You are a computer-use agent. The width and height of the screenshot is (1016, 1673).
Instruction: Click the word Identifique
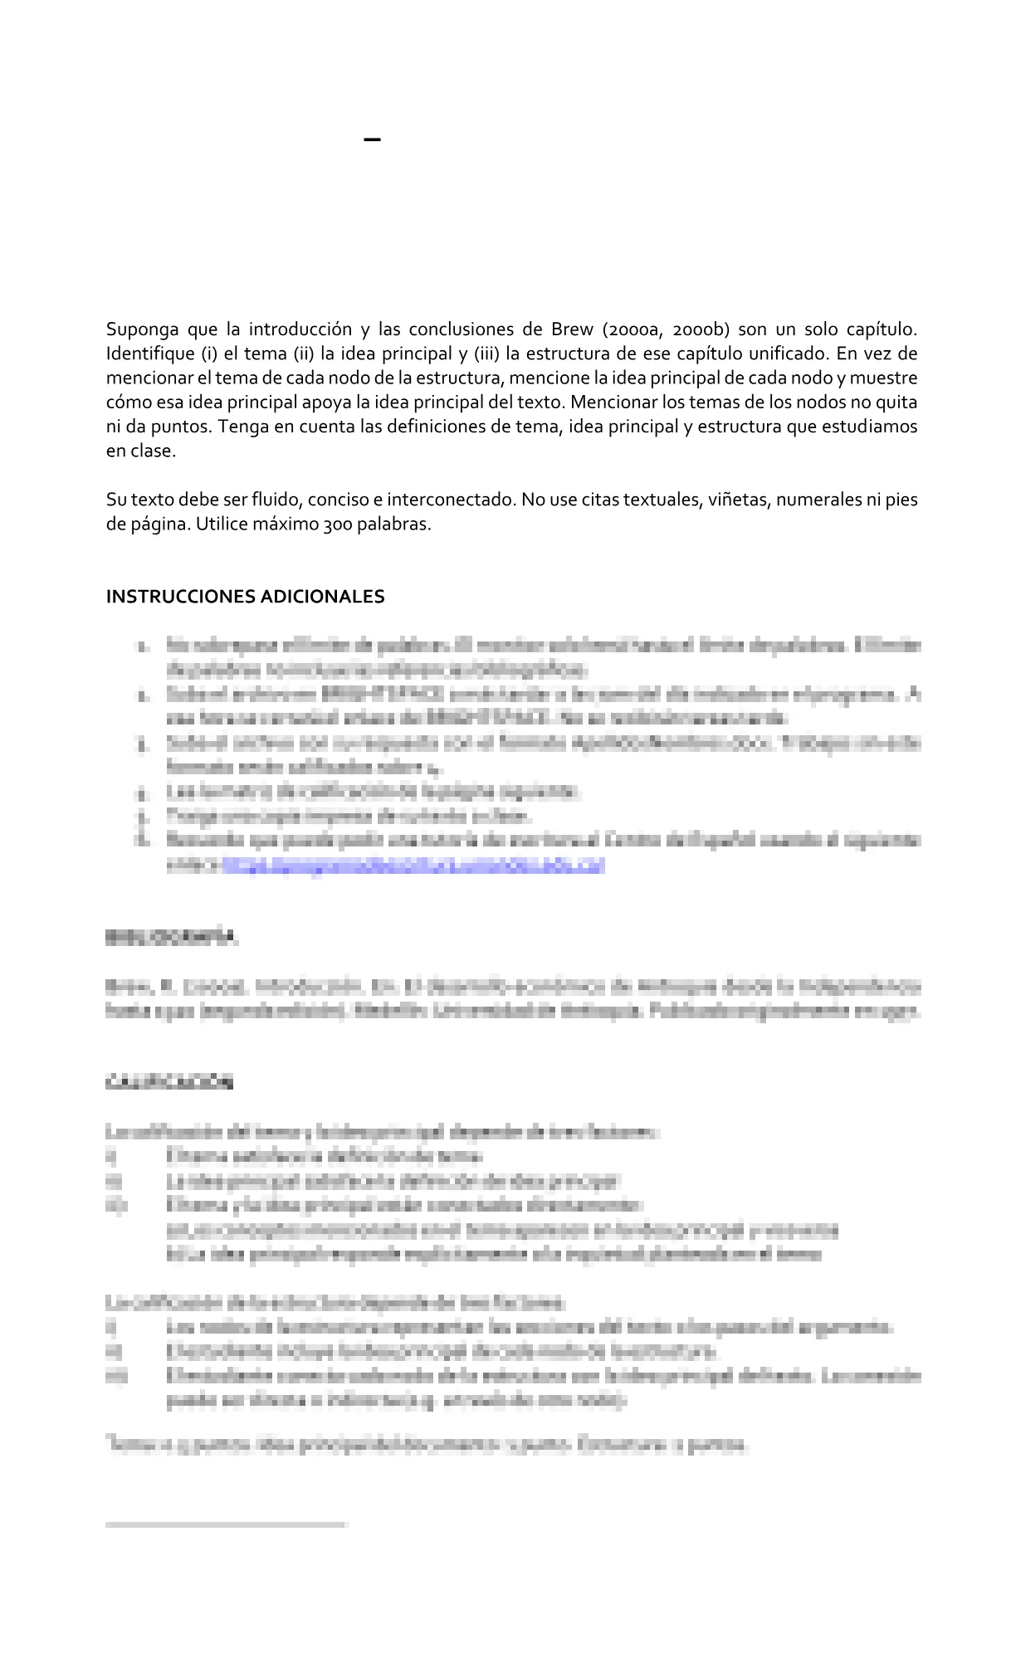149,354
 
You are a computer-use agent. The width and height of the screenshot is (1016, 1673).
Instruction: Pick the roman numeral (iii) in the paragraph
486,354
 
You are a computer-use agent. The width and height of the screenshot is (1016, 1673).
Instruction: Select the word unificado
788,354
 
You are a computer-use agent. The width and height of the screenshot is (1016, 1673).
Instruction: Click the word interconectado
449,500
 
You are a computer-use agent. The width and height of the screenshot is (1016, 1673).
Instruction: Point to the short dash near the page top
373,139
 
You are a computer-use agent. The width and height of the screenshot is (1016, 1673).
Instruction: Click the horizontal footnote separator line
226,1524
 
